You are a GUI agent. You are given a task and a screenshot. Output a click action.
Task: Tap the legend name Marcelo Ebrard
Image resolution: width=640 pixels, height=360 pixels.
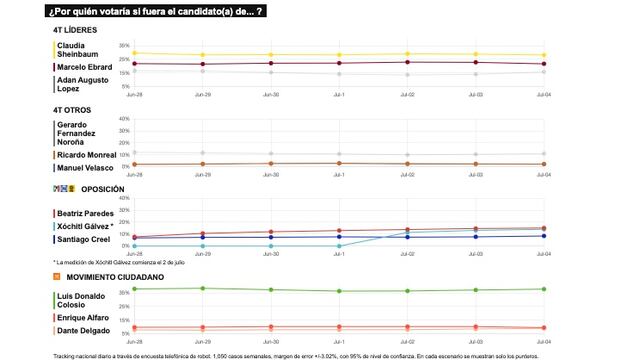pyautogui.click(x=83, y=67)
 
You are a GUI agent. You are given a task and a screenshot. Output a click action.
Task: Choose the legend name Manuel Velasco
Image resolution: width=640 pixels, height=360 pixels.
pyautogui.click(x=83, y=168)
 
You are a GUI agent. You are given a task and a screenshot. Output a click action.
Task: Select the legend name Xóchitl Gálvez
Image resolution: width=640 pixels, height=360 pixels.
pyautogui.click(x=83, y=226)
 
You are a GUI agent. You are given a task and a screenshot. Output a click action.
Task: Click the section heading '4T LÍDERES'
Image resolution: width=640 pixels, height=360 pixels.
pyautogui.click(x=75, y=30)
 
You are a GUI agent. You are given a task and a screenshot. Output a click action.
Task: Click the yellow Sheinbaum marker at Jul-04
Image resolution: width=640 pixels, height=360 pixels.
pyautogui.click(x=543, y=55)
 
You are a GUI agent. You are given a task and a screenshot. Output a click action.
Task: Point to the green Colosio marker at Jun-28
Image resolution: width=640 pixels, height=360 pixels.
pyautogui.click(x=134, y=289)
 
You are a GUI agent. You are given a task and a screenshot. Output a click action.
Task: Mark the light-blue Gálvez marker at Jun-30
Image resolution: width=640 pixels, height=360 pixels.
pyautogui.click(x=270, y=245)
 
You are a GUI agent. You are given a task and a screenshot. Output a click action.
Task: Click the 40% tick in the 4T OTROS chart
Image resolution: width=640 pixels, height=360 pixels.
pyautogui.click(x=124, y=119)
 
